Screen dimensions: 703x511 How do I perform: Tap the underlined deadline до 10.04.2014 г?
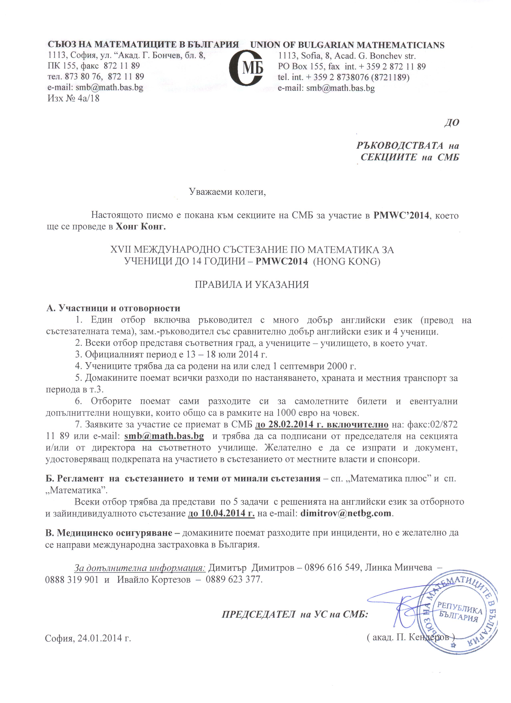[x=221, y=513]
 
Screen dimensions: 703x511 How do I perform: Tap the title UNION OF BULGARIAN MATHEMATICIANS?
[x=347, y=45]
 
